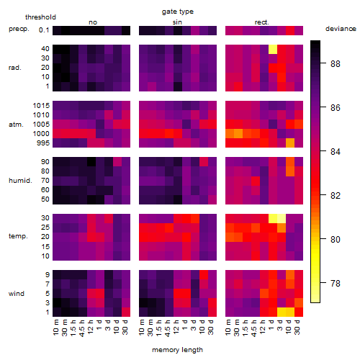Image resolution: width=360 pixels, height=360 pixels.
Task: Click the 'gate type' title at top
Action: tap(178, 12)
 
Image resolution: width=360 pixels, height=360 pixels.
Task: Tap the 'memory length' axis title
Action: tap(177, 350)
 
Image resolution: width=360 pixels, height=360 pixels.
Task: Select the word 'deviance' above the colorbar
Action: tap(341, 29)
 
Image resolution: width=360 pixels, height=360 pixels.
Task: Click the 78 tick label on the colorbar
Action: tap(336, 284)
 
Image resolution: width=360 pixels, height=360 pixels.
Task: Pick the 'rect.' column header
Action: tap(261, 22)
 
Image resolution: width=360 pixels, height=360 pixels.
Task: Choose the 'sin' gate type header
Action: tap(177, 22)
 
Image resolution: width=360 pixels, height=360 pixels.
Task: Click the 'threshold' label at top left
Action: tap(40, 17)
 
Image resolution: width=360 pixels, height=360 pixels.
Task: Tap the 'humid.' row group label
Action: tap(20, 181)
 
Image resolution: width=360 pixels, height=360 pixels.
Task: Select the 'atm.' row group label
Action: tap(16, 125)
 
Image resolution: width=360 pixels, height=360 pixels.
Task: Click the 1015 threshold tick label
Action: tap(41, 106)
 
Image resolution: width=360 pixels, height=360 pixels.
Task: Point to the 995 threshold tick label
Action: tap(43, 143)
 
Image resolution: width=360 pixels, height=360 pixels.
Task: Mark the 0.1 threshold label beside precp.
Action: tap(44, 30)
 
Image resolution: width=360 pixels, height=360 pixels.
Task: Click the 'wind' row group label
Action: tap(17, 294)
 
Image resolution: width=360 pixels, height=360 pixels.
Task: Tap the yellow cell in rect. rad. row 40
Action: tap(273, 50)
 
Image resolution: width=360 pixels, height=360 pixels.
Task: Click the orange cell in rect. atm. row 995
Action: tap(290, 143)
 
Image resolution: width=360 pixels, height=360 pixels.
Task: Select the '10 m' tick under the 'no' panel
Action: tap(56, 328)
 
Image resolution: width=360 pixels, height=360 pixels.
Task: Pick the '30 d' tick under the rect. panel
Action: tap(297, 328)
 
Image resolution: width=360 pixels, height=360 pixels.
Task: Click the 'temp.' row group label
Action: tap(18, 236)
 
